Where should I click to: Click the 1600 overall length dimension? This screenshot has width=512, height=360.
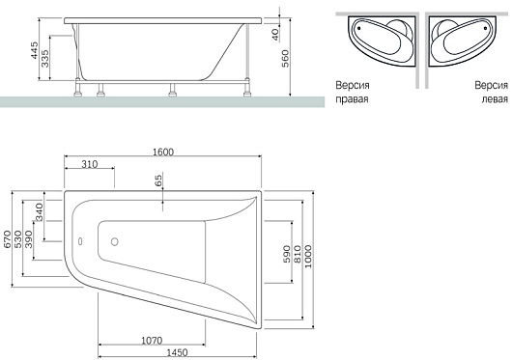pos(163,152)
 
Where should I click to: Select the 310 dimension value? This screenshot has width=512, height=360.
pos(89,164)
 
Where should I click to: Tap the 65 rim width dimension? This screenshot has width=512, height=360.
pos(157,180)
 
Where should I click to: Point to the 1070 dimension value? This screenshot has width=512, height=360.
pos(152,341)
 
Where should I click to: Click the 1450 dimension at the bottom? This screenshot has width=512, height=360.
pos(178,352)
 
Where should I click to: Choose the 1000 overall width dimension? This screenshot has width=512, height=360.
pos(308,257)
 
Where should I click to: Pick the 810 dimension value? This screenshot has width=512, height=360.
pos(298,255)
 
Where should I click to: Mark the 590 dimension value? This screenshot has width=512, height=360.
pos(286,255)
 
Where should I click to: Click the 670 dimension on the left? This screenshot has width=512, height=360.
pos(7,239)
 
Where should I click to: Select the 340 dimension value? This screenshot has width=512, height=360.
pos(39,212)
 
